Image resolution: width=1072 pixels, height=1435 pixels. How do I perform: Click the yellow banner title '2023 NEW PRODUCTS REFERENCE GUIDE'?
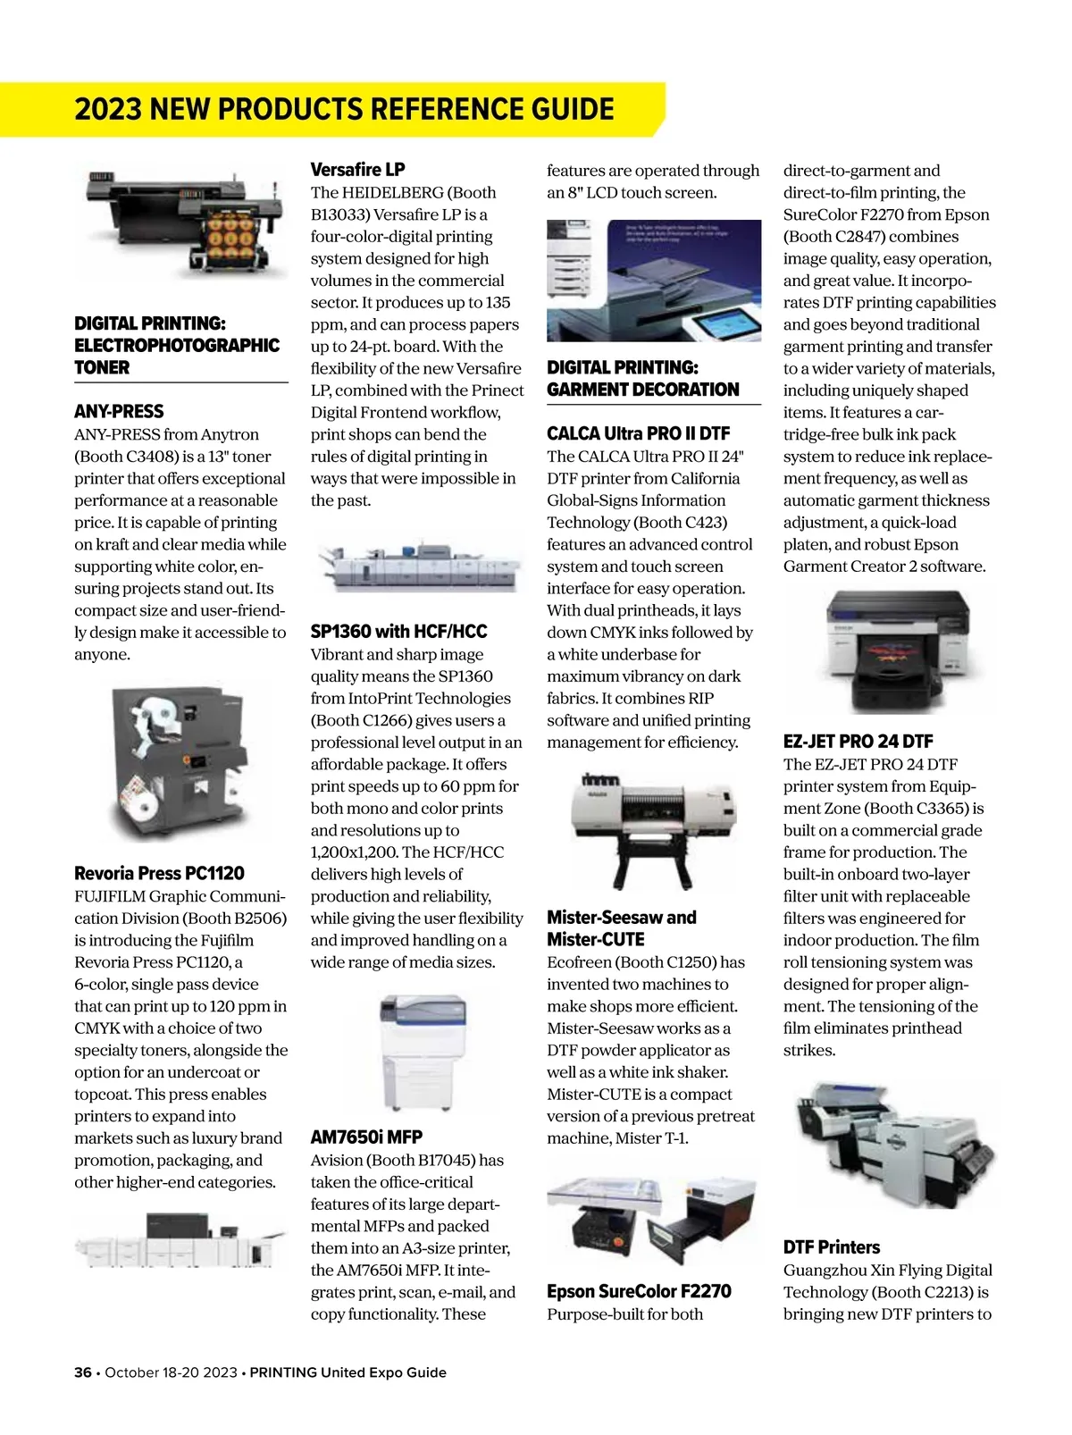coord(344,109)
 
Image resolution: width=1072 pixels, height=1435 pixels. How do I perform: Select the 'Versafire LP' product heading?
coord(357,169)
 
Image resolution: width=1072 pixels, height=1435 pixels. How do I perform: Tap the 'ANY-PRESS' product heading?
coord(119,412)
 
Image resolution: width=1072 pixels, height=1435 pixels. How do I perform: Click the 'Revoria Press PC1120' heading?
coord(159,873)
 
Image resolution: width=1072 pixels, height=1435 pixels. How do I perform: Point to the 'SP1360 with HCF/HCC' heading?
coord(398,632)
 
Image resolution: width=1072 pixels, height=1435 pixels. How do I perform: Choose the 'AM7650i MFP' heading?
coord(366,1137)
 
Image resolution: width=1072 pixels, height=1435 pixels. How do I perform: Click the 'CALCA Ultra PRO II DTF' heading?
coord(638,433)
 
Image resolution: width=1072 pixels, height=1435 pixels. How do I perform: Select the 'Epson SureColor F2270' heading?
coord(639,1291)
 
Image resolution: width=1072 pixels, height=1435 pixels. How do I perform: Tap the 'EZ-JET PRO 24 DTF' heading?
coord(858,742)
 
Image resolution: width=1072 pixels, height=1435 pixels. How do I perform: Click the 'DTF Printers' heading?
coord(831,1247)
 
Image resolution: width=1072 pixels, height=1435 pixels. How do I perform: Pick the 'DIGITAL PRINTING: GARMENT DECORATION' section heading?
coord(642,378)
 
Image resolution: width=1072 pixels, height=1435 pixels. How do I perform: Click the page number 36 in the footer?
coord(83,1372)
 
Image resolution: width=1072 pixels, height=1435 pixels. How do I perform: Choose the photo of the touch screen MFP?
coord(653,281)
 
